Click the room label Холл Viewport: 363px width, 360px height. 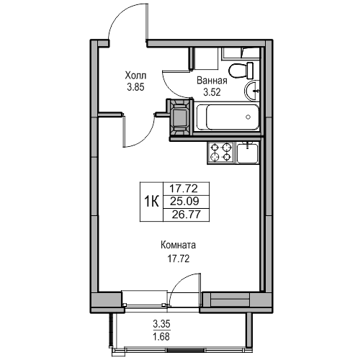pyautogui.click(x=135, y=76)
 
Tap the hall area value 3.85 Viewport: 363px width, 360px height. pyautogui.click(x=135, y=87)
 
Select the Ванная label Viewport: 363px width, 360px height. pyautogui.click(x=212, y=81)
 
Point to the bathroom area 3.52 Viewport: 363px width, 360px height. pyautogui.click(x=212, y=92)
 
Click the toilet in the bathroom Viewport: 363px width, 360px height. pyautogui.click(x=241, y=71)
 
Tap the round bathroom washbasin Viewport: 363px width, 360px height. pyautogui.click(x=252, y=91)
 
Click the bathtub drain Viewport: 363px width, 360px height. pyautogui.click(x=248, y=117)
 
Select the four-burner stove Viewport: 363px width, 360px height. pyautogui.click(x=220, y=153)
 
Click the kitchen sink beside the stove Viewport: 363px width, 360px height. pyautogui.click(x=248, y=153)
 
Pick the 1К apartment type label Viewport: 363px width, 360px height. pyautogui.click(x=151, y=202)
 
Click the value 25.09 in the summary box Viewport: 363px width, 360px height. pyautogui.click(x=184, y=202)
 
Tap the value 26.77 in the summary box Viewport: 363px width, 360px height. pyautogui.click(x=186, y=215)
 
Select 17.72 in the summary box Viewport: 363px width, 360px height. pyautogui.click(x=184, y=189)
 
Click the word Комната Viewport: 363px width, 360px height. pyautogui.click(x=178, y=245)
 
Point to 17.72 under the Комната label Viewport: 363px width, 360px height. pyautogui.click(x=179, y=258)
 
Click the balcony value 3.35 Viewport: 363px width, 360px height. pyautogui.click(x=161, y=324)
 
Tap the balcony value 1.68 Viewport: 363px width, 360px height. pyautogui.click(x=161, y=337)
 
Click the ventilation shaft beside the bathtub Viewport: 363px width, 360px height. pyautogui.click(x=180, y=117)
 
